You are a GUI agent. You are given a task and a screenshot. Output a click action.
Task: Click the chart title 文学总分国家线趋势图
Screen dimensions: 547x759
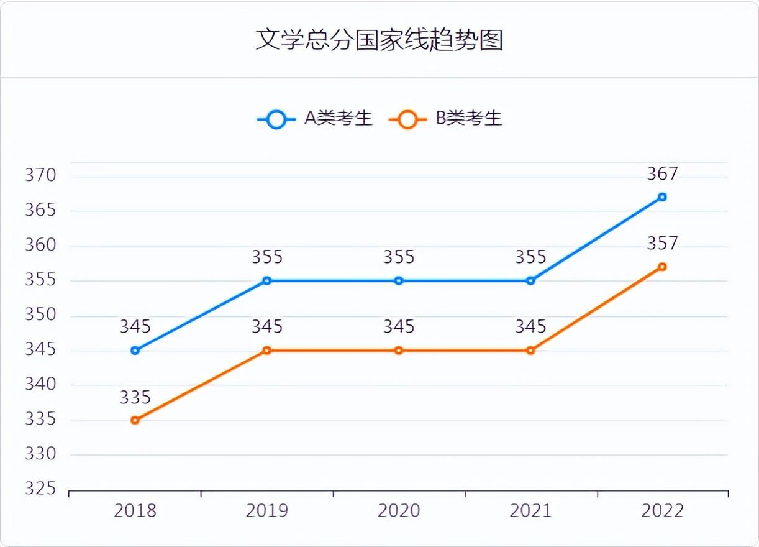pyautogui.click(x=379, y=40)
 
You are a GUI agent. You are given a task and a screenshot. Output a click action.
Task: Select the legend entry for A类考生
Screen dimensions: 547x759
pyautogui.click(x=316, y=119)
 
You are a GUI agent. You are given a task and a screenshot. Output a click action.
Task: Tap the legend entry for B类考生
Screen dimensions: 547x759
pyautogui.click(x=445, y=119)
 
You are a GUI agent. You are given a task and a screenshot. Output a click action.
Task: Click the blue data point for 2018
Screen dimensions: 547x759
pyautogui.click(x=135, y=351)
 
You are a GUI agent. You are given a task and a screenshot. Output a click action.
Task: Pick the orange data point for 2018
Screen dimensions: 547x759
pyautogui.click(x=135, y=420)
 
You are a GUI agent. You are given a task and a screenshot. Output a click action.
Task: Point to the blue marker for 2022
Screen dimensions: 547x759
pyautogui.click(x=662, y=197)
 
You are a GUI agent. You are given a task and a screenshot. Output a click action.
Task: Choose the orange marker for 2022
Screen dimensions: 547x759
pyautogui.click(x=662, y=267)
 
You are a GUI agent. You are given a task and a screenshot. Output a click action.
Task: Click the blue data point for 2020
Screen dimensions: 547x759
pyautogui.click(x=399, y=281)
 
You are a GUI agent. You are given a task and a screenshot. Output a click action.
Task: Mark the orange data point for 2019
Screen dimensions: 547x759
pyautogui.click(x=267, y=351)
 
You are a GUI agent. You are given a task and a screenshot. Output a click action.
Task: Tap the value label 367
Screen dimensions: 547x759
pyautogui.click(x=662, y=174)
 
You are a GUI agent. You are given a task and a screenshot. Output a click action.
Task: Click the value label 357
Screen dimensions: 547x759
pyautogui.click(x=662, y=244)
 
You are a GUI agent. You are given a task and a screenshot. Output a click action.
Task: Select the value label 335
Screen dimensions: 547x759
pyautogui.click(x=135, y=397)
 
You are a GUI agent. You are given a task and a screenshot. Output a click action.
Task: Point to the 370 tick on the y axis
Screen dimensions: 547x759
pyautogui.click(x=40, y=176)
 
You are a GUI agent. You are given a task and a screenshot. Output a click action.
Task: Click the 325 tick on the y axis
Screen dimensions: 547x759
pyautogui.click(x=40, y=490)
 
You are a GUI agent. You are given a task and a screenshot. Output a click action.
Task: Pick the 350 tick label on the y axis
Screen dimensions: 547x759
pyautogui.click(x=40, y=315)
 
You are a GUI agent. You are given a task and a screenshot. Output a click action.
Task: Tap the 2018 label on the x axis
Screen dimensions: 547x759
pyautogui.click(x=135, y=511)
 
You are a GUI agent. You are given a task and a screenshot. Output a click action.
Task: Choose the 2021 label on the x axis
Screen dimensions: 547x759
pyautogui.click(x=530, y=511)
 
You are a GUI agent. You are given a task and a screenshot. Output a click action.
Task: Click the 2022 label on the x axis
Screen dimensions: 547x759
pyautogui.click(x=662, y=511)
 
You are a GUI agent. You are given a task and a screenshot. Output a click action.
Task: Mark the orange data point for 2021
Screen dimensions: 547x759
pyautogui.click(x=530, y=351)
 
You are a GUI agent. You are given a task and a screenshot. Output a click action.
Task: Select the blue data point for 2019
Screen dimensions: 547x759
pyautogui.click(x=267, y=281)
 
